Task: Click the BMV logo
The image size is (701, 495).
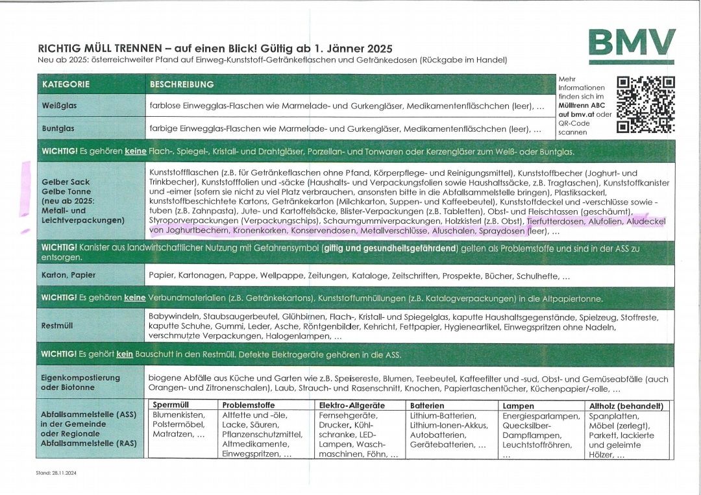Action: point(632,43)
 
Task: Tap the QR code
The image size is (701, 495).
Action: point(645,104)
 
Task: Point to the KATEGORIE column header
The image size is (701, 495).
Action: point(66,84)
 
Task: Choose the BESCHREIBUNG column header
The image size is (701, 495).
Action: point(182,84)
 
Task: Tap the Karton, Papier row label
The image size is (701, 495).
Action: point(69,275)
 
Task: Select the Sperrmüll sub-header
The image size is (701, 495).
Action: point(169,405)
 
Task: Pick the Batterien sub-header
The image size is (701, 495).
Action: point(427,405)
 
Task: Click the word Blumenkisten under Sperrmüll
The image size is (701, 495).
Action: point(178,415)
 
